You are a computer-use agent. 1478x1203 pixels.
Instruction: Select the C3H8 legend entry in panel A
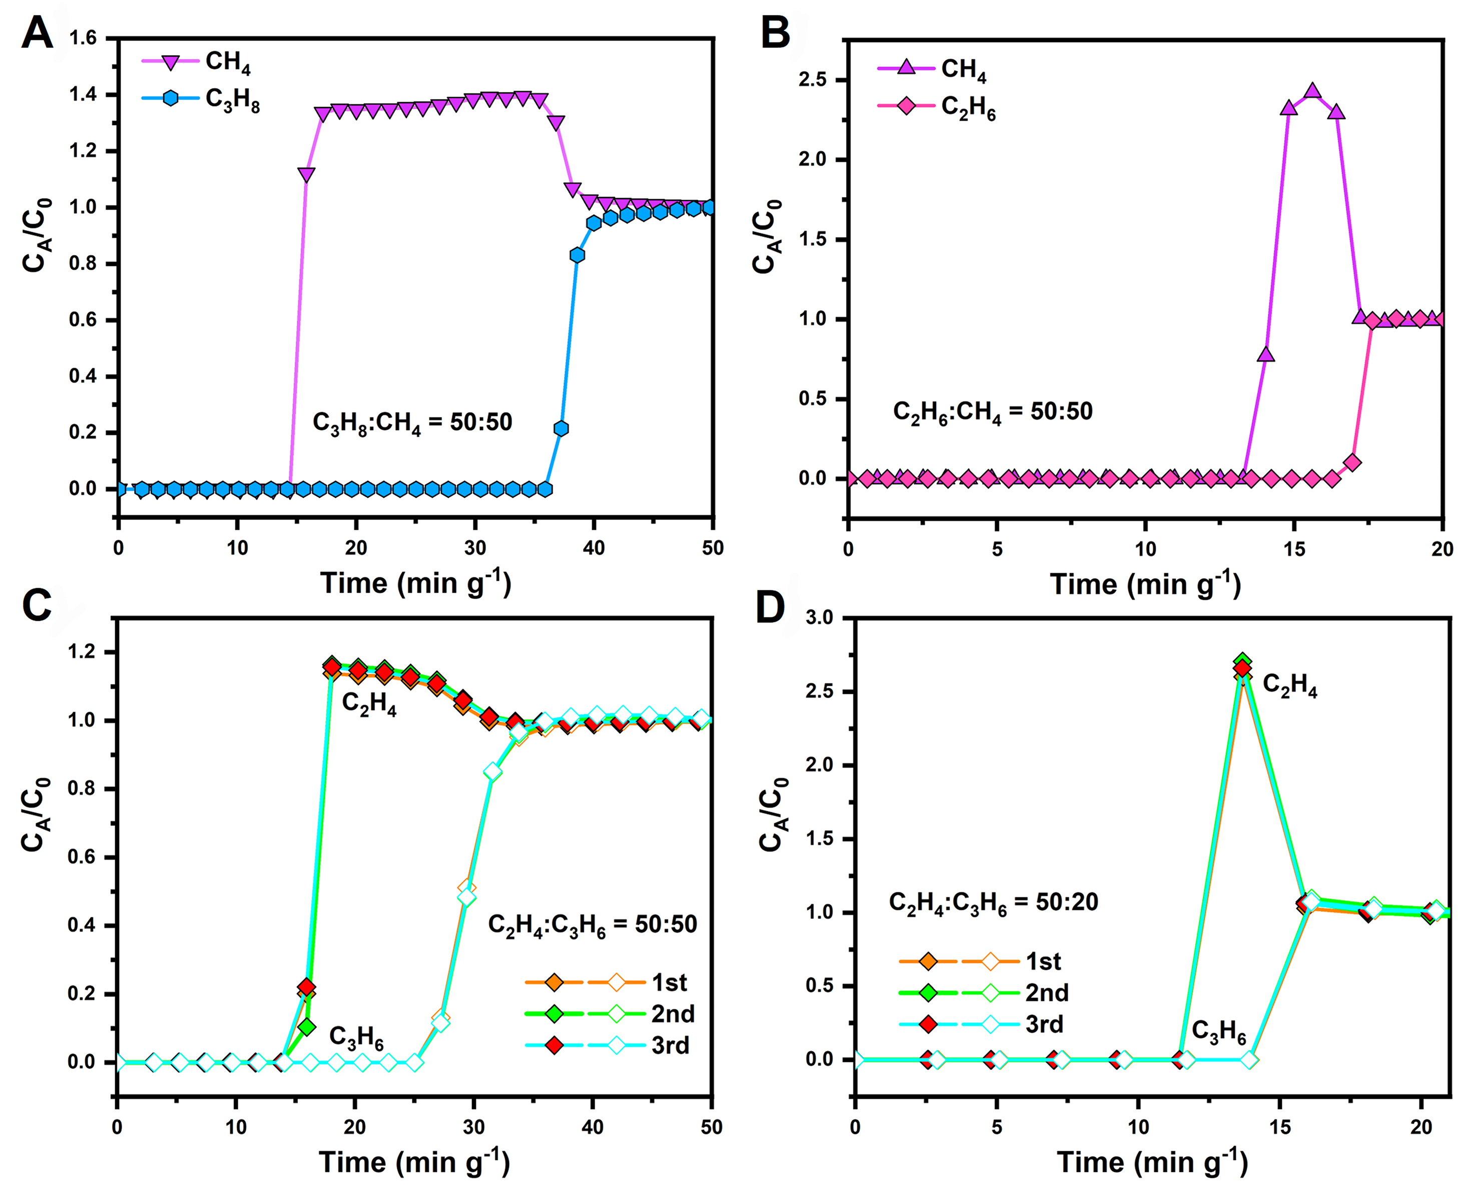tap(232, 99)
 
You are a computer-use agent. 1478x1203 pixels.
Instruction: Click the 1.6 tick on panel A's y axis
tap(83, 38)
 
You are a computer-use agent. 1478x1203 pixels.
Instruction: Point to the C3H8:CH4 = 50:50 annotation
tap(412, 422)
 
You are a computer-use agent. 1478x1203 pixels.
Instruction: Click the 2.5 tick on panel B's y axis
tap(812, 81)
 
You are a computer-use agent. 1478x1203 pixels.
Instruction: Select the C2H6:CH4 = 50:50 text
tap(992, 412)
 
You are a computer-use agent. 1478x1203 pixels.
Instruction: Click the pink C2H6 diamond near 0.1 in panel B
tap(1352, 462)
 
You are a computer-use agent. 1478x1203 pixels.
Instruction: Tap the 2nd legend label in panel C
tap(673, 1014)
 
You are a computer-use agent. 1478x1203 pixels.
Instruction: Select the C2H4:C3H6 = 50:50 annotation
tap(592, 924)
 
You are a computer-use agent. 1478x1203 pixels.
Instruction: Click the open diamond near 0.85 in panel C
tap(492, 772)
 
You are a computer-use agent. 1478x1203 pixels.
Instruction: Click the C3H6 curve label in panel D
tap(1218, 1031)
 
